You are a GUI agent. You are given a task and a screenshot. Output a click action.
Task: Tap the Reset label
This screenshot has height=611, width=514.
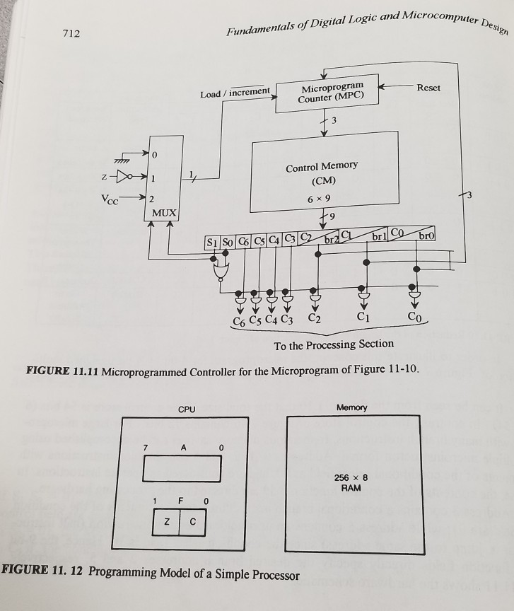pos(428,88)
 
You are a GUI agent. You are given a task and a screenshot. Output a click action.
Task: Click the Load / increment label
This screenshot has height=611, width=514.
pos(235,92)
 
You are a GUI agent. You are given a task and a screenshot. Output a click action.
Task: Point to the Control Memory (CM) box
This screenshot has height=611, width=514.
pos(322,177)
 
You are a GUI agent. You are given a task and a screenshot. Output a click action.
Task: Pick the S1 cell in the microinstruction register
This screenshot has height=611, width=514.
pos(212,243)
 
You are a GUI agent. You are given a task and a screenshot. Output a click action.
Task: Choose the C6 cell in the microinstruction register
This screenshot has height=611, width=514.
pos(243,243)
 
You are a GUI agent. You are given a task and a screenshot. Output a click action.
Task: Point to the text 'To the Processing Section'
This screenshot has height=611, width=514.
pos(334,344)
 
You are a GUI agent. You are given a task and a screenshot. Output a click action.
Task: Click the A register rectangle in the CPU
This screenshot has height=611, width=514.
pos(183,468)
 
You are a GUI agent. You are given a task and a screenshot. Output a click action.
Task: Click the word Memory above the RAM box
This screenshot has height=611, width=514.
pos(351,409)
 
